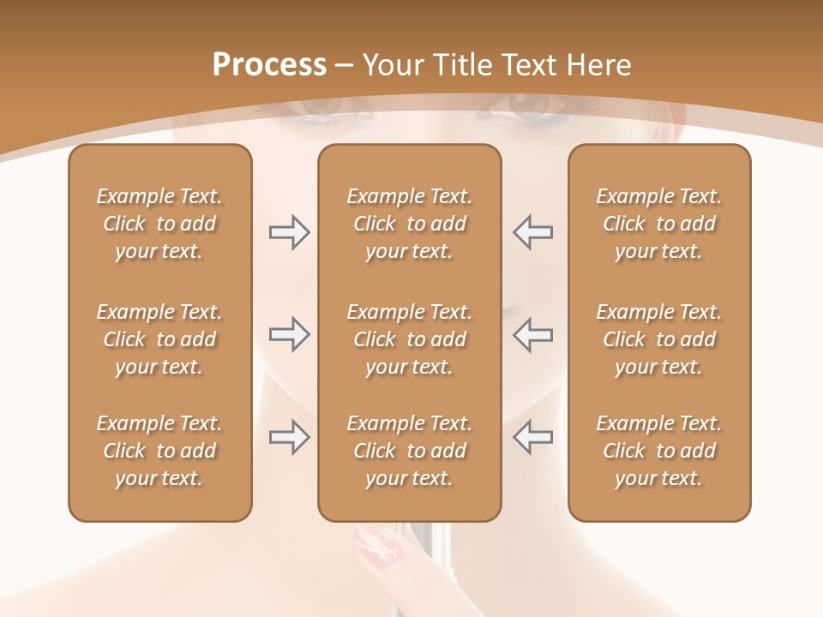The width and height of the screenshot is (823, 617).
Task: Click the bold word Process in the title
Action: coord(269,65)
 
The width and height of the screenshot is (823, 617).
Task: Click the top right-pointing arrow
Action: coord(289,232)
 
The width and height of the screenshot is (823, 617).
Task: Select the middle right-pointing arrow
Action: coord(289,334)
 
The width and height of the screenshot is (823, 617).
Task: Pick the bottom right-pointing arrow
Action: coord(289,437)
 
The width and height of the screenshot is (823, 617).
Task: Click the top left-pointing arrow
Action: coord(533,232)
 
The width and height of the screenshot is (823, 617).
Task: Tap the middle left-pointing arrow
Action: coord(533,334)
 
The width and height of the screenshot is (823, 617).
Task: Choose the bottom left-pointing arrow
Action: coord(533,437)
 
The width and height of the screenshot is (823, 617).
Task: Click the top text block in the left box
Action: coord(159,224)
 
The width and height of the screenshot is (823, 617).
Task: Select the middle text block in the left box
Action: coord(159,339)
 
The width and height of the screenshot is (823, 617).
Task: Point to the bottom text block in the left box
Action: coord(159,451)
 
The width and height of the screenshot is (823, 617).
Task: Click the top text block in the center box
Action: coord(410,224)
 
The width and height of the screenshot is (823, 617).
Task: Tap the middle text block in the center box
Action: coord(410,339)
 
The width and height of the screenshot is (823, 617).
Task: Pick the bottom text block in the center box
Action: coord(410,451)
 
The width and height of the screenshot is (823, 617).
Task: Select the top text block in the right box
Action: coord(659,224)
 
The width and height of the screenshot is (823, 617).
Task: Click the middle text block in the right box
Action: coord(659,339)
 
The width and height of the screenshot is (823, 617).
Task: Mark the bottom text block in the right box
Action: coord(659,451)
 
